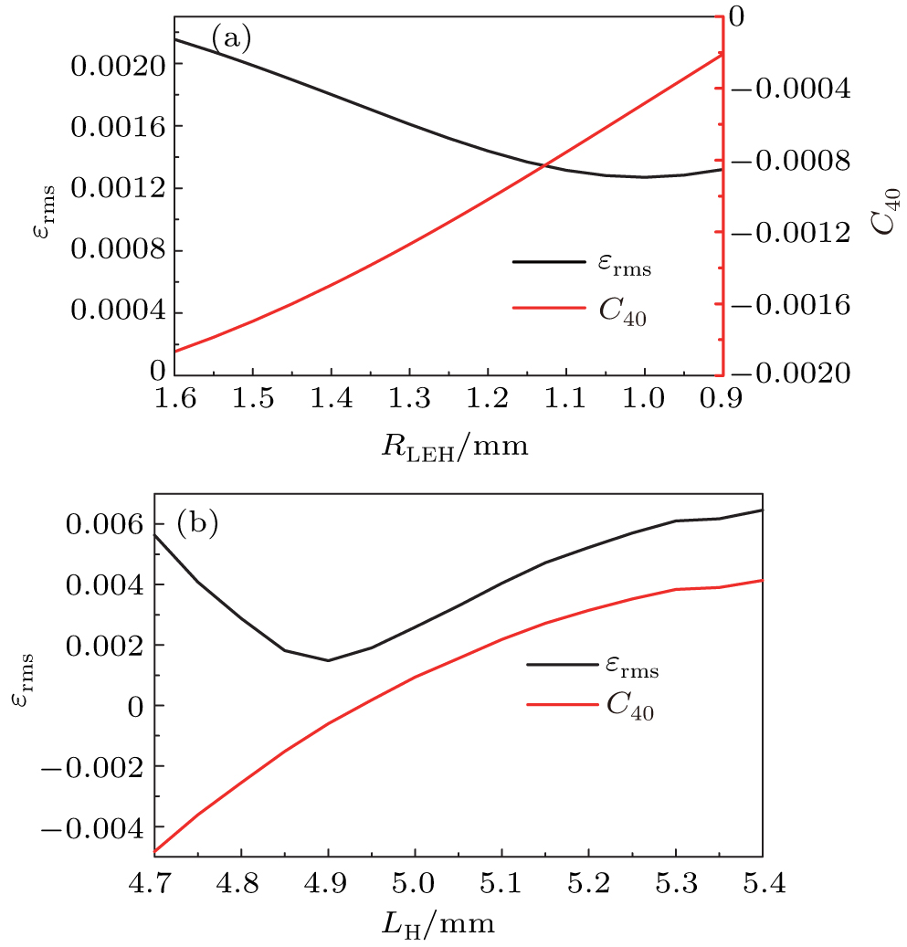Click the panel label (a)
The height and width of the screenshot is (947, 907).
click(x=230, y=37)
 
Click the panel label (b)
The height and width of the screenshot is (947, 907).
click(x=197, y=525)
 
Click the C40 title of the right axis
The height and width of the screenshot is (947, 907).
click(x=884, y=211)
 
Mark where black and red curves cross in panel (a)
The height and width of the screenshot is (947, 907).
click(x=543, y=165)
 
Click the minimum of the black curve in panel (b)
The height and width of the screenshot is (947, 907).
click(x=328, y=660)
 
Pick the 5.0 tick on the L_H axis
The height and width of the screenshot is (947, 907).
click(x=415, y=881)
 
